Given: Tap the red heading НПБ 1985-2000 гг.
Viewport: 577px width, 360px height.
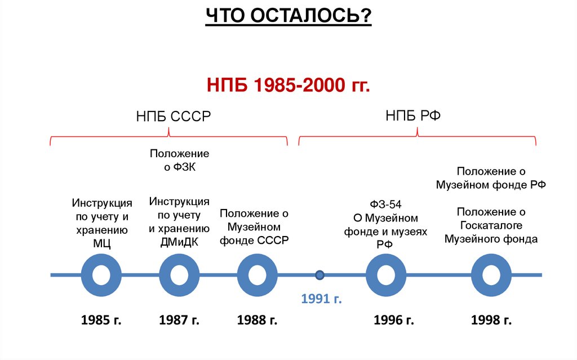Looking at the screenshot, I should [x=288, y=86].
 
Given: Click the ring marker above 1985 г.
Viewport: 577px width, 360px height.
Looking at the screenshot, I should [x=101, y=275].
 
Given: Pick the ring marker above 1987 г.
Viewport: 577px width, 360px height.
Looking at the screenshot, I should [x=179, y=275].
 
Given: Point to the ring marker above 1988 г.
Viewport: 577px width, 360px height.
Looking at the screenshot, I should [x=257, y=275].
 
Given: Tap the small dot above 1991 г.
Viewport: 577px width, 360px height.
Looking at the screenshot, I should [x=319, y=275].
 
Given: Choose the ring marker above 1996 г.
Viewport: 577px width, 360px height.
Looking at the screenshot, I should [x=386, y=275].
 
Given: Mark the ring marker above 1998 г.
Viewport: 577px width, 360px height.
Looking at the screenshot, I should [x=491, y=275].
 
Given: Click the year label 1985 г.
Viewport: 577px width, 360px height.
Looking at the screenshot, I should [x=101, y=321].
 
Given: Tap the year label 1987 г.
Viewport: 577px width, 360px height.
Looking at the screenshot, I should [x=179, y=321].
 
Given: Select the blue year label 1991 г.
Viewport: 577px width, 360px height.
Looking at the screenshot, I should [x=321, y=298].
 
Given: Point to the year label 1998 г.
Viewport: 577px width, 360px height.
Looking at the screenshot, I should [x=491, y=321].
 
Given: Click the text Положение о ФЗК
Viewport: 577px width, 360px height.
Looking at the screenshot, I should [x=179, y=160].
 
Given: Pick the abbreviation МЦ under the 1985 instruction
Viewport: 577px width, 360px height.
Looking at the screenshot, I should [x=101, y=243].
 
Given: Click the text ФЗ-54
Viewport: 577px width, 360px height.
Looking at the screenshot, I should [x=385, y=204].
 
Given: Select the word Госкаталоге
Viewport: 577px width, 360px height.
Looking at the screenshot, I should [x=491, y=225].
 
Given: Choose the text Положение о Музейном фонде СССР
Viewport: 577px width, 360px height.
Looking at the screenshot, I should [x=254, y=226].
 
